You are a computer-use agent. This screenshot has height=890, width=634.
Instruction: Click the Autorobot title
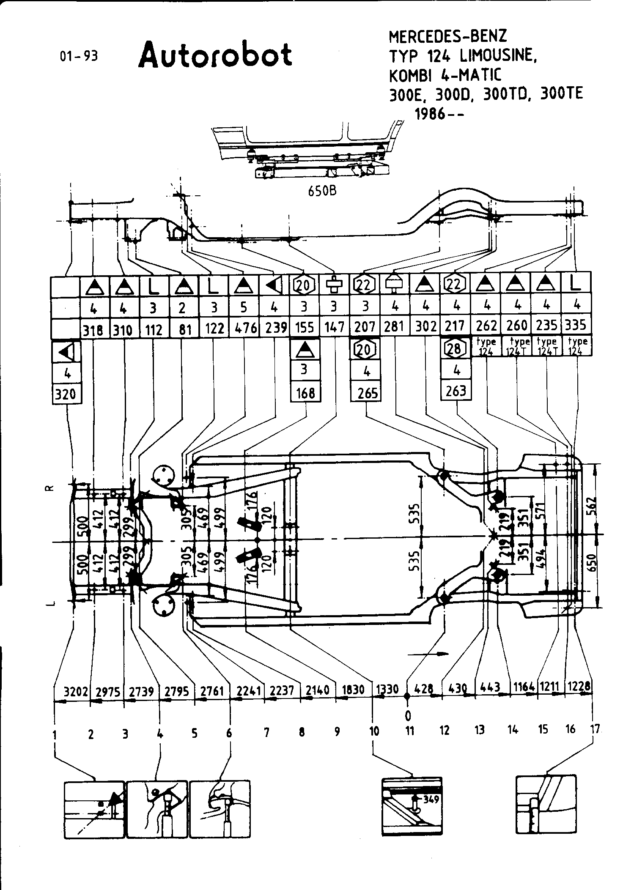215,55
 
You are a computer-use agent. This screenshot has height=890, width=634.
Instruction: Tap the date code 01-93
79,56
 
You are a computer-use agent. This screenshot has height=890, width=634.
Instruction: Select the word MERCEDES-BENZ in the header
447,37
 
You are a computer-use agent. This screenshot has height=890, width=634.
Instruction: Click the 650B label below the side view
322,191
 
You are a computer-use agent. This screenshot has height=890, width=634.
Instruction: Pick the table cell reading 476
245,328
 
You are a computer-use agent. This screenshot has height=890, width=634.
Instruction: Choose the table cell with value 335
576,325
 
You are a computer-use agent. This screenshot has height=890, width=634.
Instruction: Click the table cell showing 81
182,329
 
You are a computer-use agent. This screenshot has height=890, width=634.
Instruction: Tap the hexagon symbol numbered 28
455,348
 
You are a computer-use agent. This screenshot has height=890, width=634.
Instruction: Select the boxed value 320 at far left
66,394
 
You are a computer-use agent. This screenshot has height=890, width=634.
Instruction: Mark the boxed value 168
305,393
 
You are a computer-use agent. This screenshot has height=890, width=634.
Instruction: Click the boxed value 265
367,393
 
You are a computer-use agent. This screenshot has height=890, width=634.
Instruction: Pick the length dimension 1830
353,690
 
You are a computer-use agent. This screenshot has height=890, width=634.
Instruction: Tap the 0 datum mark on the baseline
408,715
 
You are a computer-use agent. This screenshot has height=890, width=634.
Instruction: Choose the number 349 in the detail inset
431,800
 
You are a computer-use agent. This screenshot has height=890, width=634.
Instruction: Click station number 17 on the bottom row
595,729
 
